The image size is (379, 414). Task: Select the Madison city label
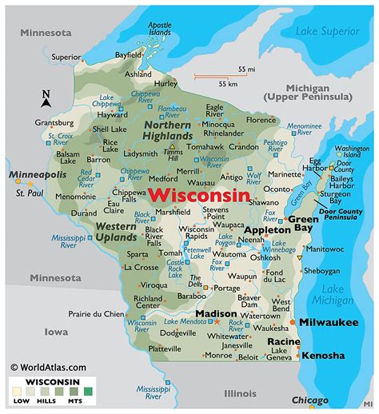[x=193, y=313]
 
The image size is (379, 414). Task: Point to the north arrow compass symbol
[x=46, y=98]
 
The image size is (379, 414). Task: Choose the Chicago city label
[x=310, y=399]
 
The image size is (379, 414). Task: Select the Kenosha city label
[x=324, y=355]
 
